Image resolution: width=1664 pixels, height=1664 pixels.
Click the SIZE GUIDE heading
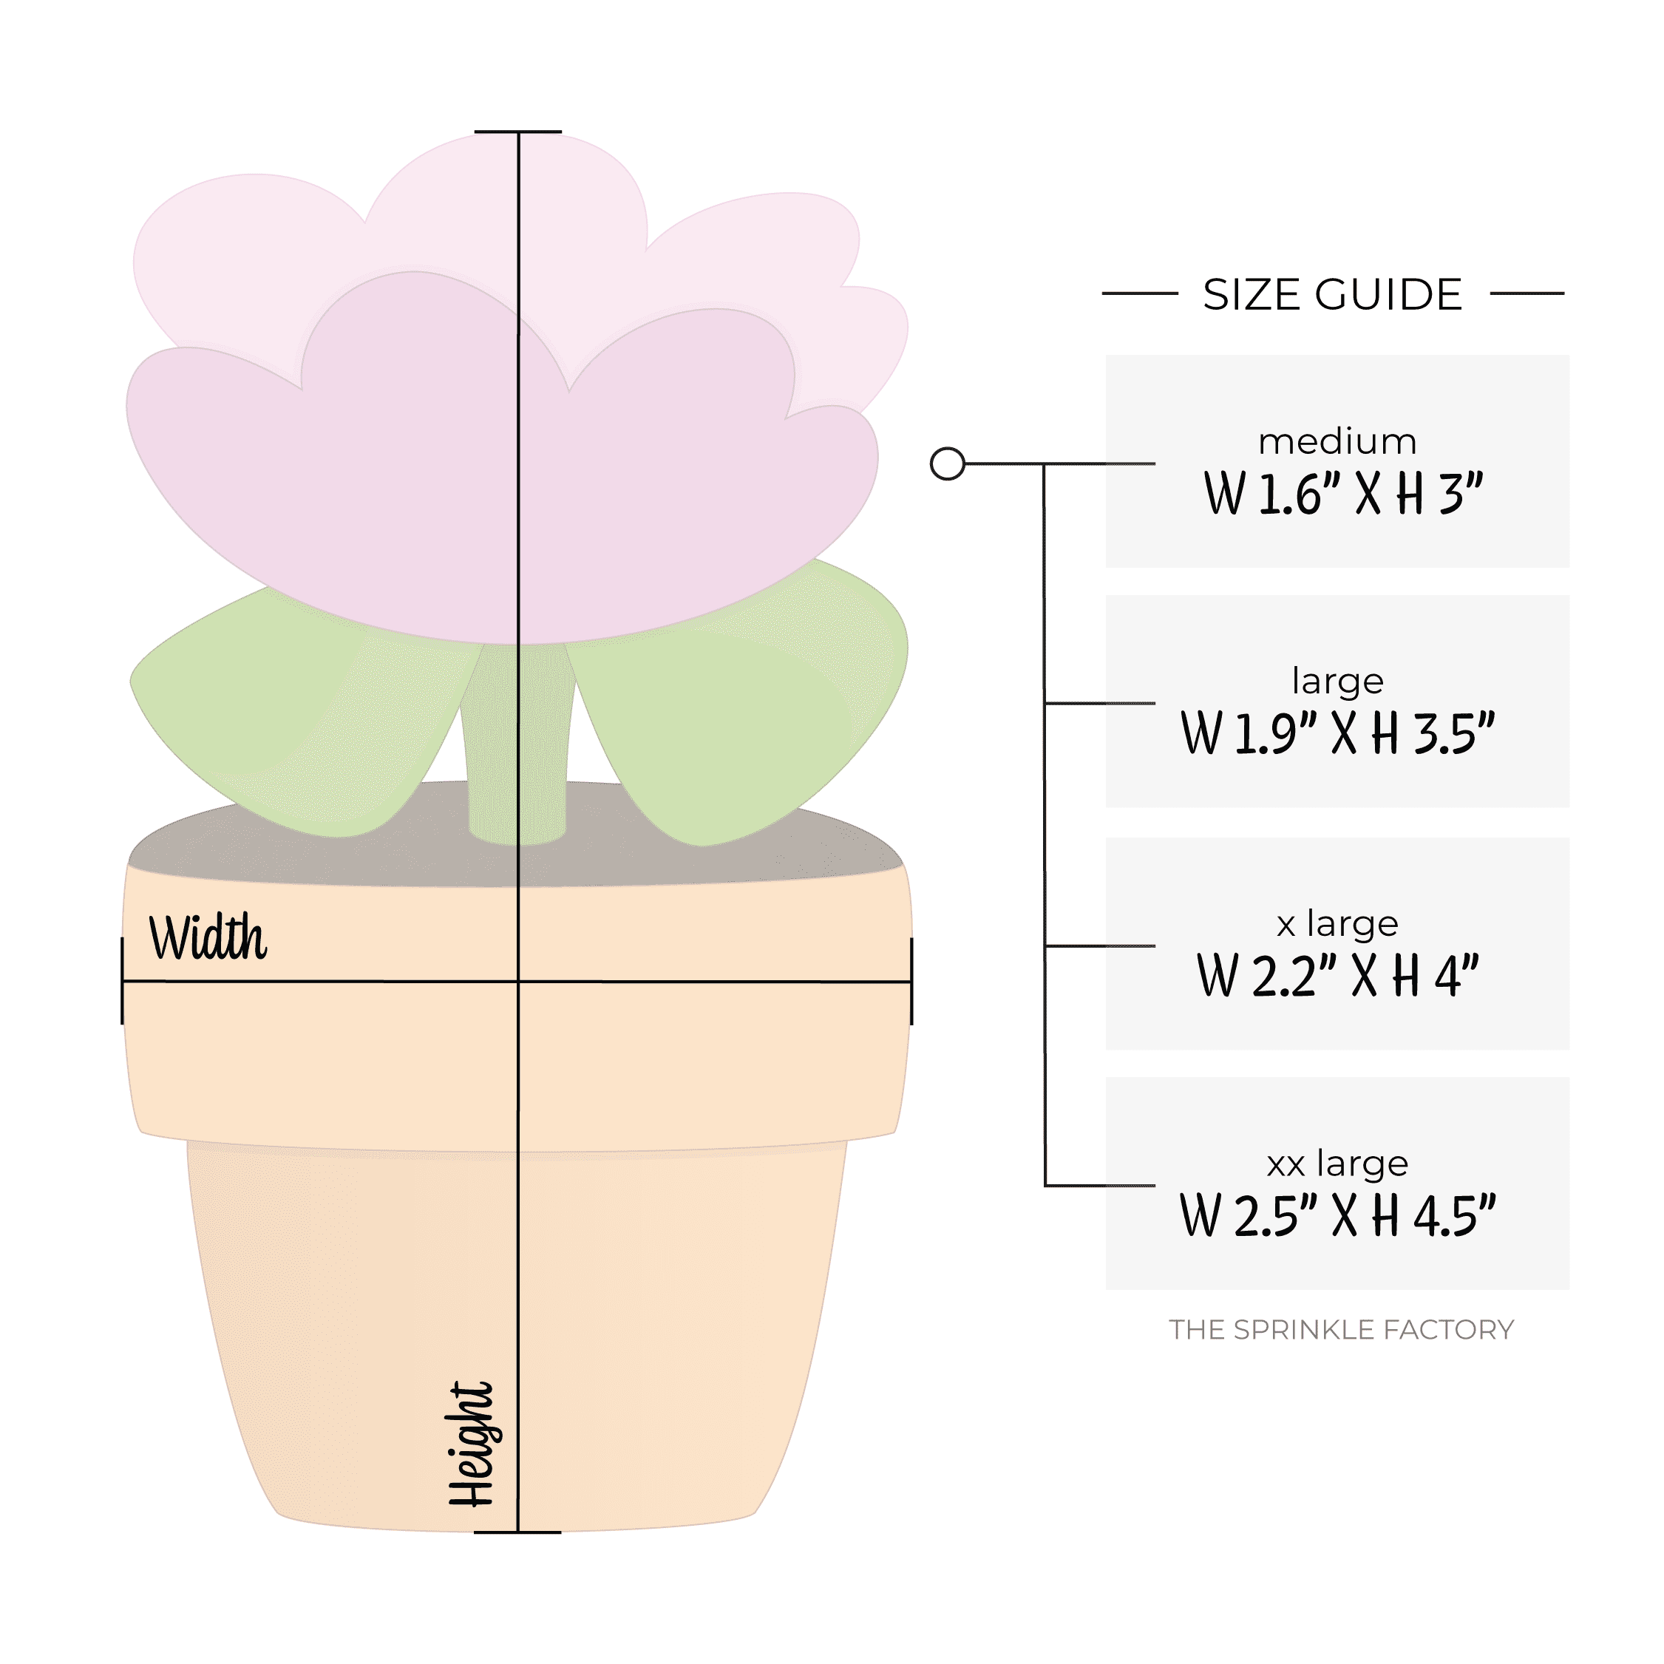[1331, 294]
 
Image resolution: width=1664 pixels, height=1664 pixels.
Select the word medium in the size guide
[1337, 442]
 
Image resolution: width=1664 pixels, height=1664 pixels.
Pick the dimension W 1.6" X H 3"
[1342, 495]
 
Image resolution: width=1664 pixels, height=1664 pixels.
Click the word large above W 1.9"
[1337, 682]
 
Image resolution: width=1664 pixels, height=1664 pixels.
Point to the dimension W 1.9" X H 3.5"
[1337, 734]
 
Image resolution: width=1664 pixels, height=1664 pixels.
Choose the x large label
[1337, 924]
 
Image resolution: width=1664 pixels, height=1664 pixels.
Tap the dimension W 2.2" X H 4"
[1337, 976]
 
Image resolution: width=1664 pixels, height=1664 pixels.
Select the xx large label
[1337, 1164]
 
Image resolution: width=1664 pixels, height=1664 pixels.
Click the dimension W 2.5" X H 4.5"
[1337, 1216]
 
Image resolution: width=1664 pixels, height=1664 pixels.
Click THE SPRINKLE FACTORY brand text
[1340, 1330]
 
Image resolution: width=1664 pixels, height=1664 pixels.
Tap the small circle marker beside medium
[948, 463]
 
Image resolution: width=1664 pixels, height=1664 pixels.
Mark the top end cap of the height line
[517, 132]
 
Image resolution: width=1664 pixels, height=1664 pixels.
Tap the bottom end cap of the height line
[517, 1532]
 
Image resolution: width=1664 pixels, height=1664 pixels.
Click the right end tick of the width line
[911, 981]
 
